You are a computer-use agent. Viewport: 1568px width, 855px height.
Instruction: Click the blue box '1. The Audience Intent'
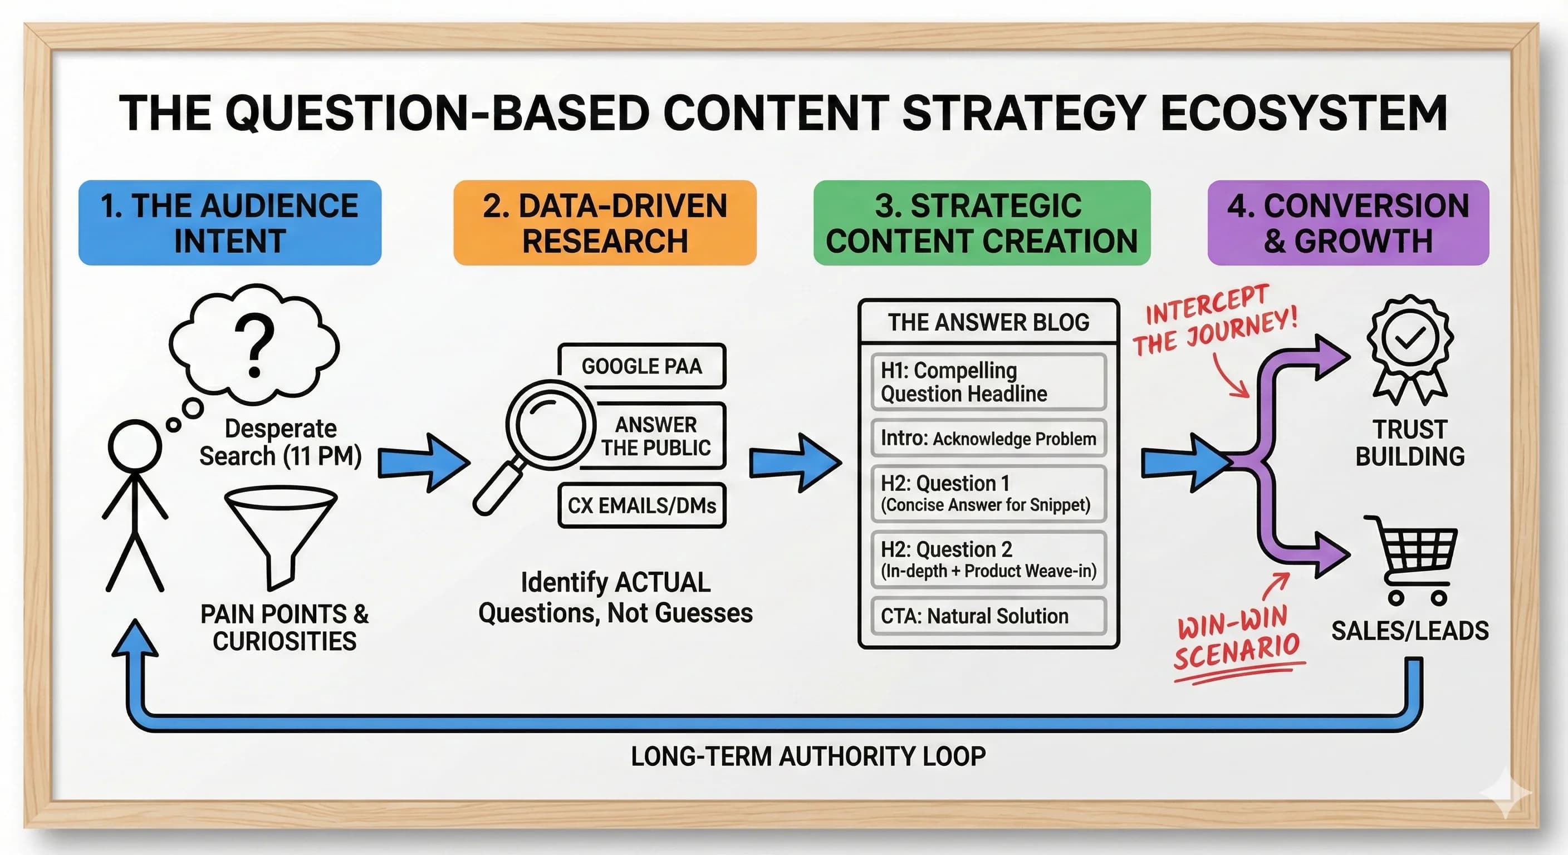coord(229,223)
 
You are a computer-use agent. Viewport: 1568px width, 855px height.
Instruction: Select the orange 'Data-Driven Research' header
coord(605,223)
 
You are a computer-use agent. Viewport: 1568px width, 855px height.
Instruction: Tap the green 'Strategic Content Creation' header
coord(981,223)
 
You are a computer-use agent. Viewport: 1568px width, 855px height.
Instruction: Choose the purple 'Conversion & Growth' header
coord(1347,223)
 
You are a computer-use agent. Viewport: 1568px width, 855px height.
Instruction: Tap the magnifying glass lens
coord(550,424)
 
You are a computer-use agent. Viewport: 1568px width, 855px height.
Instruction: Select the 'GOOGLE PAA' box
coord(641,366)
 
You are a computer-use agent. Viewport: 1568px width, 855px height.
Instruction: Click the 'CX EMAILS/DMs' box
coord(641,505)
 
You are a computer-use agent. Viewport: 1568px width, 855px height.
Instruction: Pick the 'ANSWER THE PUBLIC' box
coord(655,436)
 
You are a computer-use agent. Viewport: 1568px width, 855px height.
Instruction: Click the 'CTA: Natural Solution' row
coord(988,616)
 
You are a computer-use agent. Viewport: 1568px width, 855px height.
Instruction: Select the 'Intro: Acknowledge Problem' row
coord(988,438)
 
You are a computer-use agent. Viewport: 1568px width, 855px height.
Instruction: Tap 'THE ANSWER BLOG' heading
coord(988,322)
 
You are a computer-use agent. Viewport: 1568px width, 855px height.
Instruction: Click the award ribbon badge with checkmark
coord(1410,347)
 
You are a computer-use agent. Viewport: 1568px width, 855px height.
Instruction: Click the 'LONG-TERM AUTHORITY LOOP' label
coord(808,756)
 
